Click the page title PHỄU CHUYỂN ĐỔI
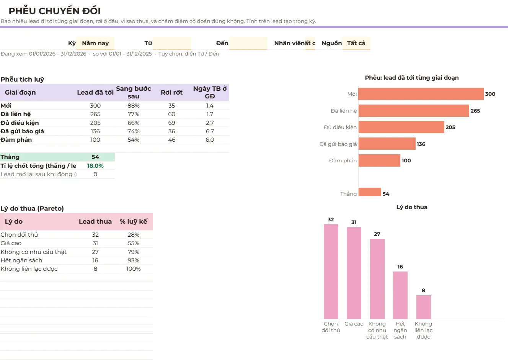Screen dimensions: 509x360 [54, 11]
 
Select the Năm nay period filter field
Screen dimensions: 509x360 [95, 43]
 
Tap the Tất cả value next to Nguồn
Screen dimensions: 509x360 [356, 43]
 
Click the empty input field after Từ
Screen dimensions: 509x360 [172, 43]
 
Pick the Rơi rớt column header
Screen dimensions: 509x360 [171, 92]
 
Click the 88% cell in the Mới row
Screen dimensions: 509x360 [134, 106]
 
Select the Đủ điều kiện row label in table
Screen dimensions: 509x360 [20, 123]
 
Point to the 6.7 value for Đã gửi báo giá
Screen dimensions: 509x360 [210, 131]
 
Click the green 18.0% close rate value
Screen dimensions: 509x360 [95, 166]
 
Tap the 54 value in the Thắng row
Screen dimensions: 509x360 [95, 157]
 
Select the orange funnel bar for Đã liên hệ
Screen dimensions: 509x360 [414, 111]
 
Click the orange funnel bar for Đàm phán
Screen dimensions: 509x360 [379, 160]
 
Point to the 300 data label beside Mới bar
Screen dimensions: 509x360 [490, 94]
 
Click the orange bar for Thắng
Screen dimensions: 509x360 [370, 192]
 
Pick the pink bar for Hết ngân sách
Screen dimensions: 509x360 [400, 295]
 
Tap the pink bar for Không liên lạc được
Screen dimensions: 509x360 [424, 307]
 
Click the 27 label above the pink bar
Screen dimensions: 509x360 [377, 234]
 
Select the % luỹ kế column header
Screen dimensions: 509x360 [134, 221]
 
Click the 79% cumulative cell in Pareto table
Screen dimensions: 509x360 [134, 252]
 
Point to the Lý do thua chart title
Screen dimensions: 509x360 [412, 207]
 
